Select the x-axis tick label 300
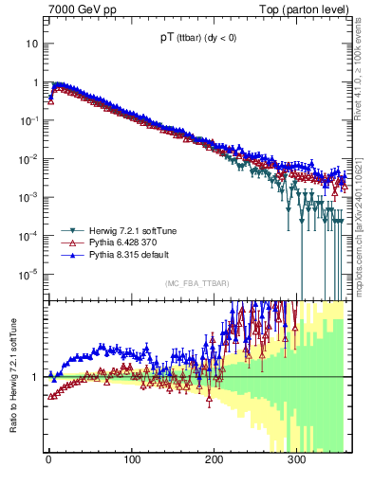(x=296, y=460)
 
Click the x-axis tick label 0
(x=48, y=460)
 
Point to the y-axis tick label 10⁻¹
(x=30, y=120)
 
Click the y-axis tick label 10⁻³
(x=30, y=197)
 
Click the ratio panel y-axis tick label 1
(x=35, y=377)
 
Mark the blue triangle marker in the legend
(x=69, y=256)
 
